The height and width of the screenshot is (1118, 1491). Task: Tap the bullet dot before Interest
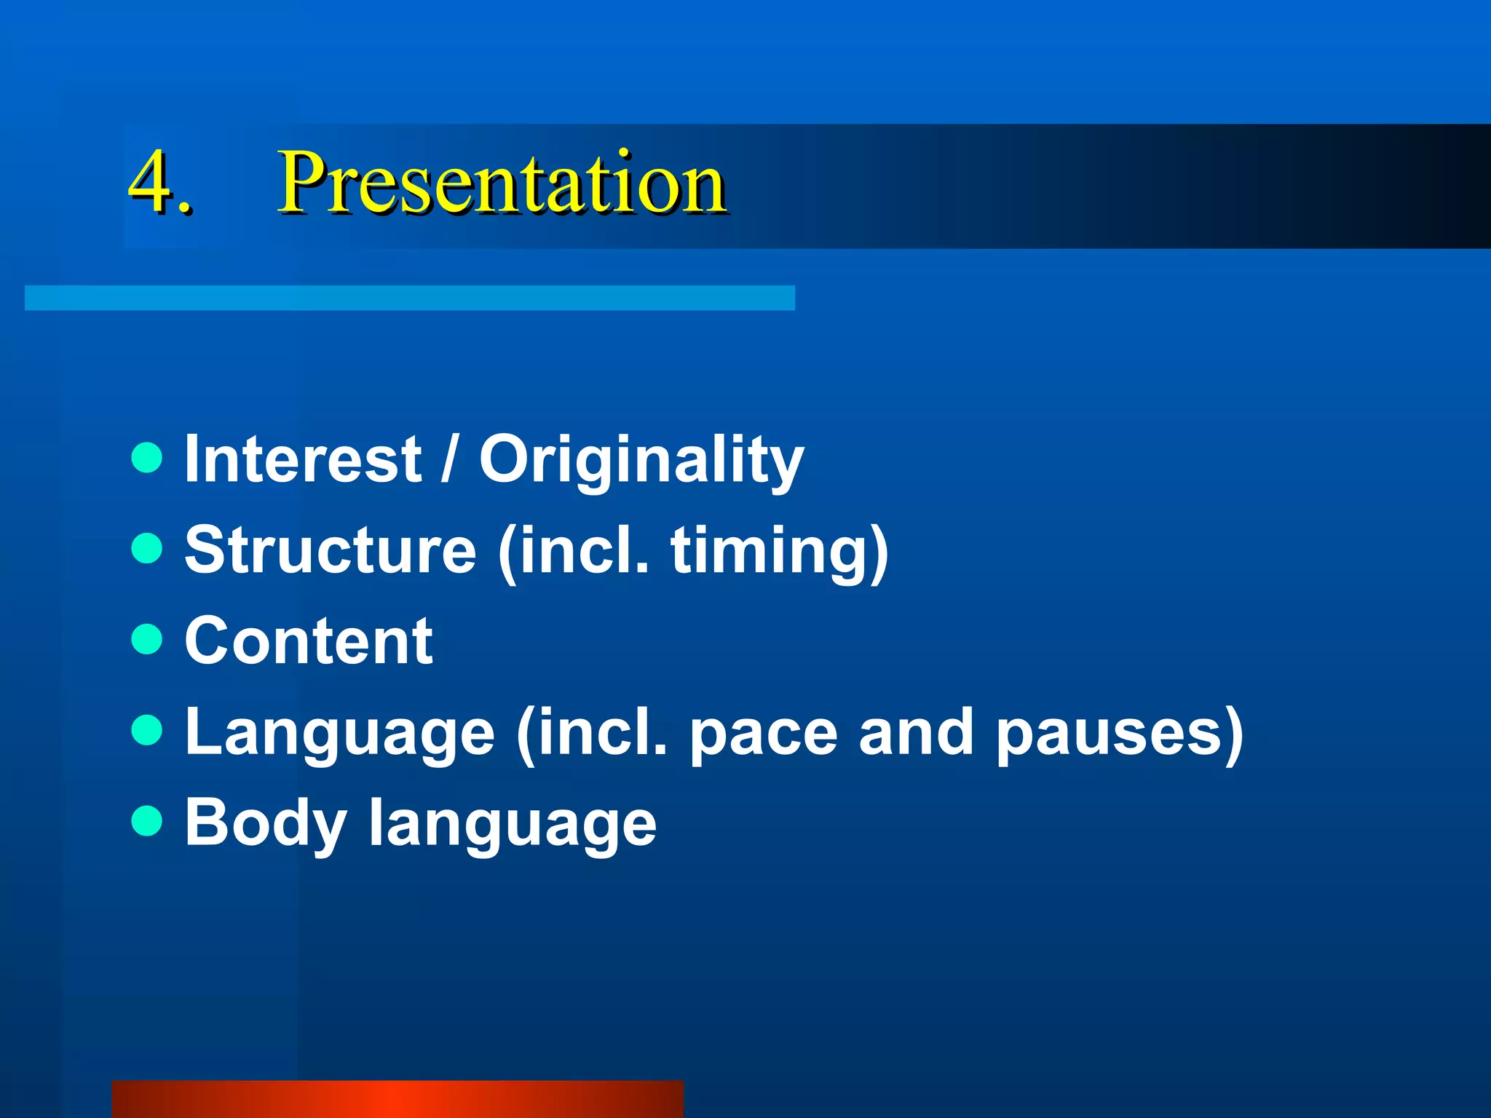(x=147, y=458)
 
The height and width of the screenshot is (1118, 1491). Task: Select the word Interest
(x=302, y=459)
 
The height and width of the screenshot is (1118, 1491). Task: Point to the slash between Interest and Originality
(x=450, y=459)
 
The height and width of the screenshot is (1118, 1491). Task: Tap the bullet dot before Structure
(x=147, y=549)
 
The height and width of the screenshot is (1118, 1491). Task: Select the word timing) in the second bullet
(x=780, y=552)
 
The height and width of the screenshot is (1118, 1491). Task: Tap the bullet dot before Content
(x=147, y=640)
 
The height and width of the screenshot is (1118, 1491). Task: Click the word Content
(x=309, y=641)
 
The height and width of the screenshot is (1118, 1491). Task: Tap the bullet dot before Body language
(x=147, y=822)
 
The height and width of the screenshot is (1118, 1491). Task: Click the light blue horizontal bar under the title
(x=410, y=298)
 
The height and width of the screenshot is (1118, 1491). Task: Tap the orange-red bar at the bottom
(x=398, y=1099)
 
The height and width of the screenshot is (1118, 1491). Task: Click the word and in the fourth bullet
(x=916, y=732)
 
